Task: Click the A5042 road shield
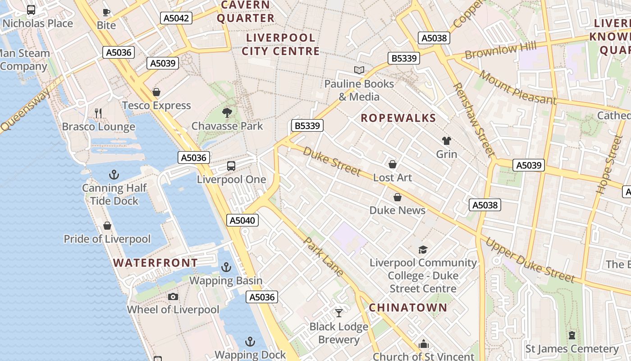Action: (x=176, y=18)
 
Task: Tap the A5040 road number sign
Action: (x=242, y=220)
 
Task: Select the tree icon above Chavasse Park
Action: (x=227, y=112)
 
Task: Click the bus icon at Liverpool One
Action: (x=231, y=166)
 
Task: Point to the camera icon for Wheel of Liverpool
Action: (x=173, y=296)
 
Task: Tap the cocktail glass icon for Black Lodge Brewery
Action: (x=339, y=313)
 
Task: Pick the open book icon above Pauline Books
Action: (x=359, y=70)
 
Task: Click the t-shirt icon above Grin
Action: (x=446, y=141)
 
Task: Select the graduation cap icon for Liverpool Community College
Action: (x=423, y=250)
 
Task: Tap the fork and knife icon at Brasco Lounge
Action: (x=98, y=113)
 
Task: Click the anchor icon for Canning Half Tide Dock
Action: (x=114, y=174)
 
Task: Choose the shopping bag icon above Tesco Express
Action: (x=156, y=92)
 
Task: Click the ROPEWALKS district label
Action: (x=398, y=118)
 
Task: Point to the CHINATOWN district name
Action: (x=408, y=308)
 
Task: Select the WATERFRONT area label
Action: (x=155, y=263)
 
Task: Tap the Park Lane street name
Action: (x=323, y=256)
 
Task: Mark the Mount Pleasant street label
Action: (x=517, y=87)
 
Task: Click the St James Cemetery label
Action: (x=572, y=349)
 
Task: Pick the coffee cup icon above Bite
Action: (x=106, y=12)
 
